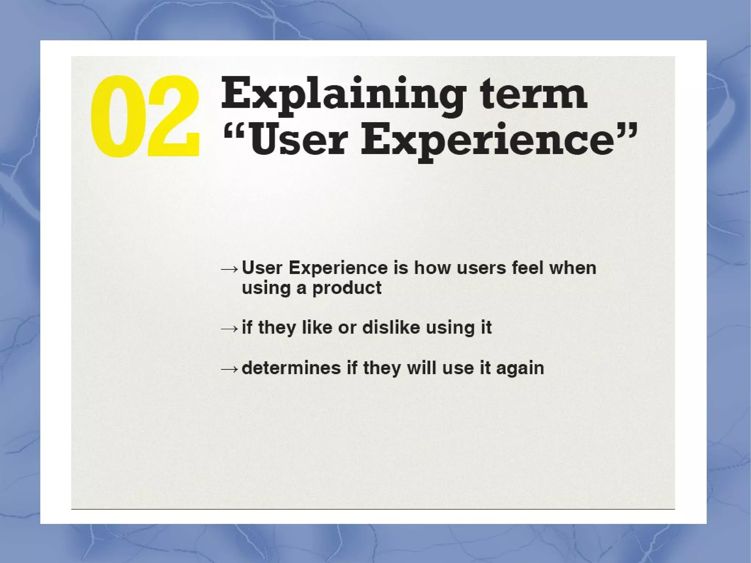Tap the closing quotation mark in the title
pos(626,131)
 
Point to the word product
pos(347,288)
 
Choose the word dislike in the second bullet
pos(391,327)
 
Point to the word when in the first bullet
pos(573,268)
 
